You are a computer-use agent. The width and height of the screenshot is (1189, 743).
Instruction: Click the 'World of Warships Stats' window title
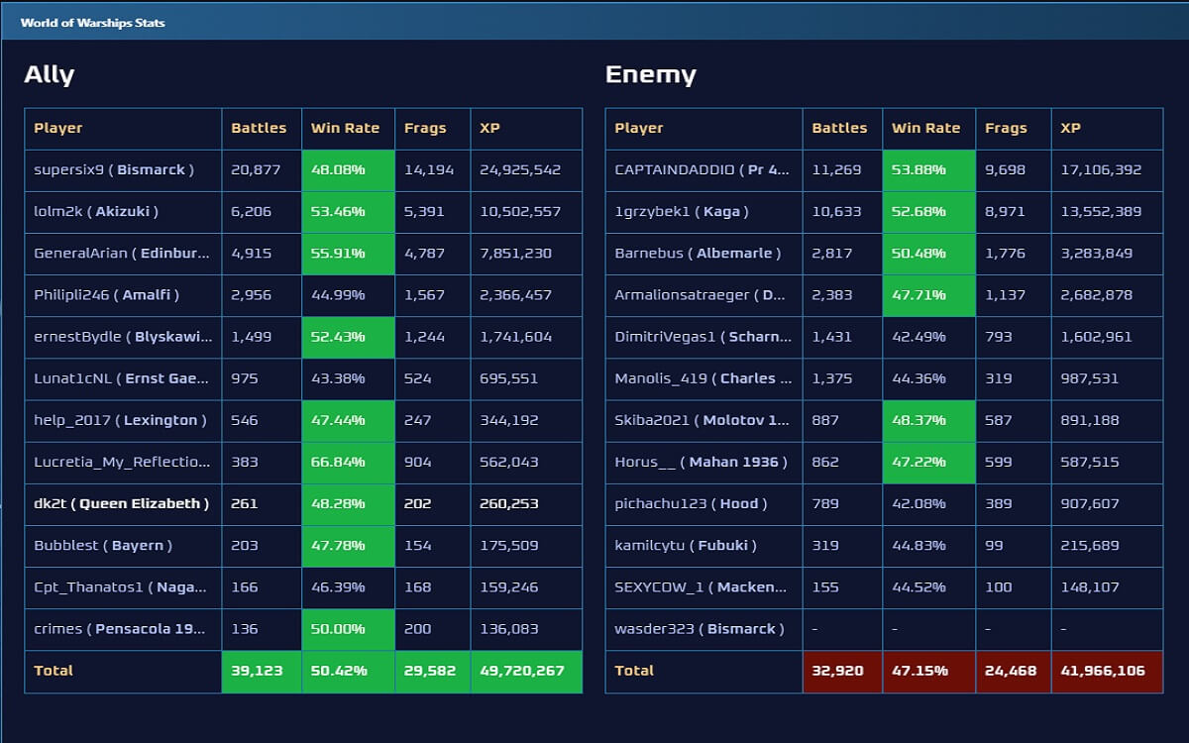92,22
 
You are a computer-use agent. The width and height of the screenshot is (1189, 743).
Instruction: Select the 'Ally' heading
49,75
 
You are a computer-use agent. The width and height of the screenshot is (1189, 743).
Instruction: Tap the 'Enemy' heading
650,75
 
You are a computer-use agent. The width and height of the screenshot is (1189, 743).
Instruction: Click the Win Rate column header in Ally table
346,128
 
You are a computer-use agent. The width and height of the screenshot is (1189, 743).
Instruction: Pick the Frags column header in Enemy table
1006,128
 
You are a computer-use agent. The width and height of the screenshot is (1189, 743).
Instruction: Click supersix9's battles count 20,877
256,169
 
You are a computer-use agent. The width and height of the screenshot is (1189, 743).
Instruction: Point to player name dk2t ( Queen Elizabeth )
121,503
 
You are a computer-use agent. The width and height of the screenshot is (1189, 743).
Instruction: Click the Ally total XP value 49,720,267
522,671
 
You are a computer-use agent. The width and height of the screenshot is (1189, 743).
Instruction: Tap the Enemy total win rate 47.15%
919,671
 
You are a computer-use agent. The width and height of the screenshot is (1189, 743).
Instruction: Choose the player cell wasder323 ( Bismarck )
699,629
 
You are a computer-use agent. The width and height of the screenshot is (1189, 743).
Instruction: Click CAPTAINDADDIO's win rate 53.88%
919,169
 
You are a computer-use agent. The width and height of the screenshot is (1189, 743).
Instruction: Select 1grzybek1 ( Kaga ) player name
682,211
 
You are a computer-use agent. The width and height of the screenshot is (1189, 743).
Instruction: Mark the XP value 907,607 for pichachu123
1089,503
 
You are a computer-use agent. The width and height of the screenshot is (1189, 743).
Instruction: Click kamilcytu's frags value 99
994,545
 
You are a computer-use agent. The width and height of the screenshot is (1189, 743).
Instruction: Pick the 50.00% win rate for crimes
338,629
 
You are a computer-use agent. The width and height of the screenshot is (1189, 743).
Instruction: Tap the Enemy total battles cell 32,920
837,671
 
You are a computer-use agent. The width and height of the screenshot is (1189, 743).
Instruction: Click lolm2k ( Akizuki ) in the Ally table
96,211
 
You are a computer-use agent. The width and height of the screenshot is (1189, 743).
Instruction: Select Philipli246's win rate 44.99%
338,295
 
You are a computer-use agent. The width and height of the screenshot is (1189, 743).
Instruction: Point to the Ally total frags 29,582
430,671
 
